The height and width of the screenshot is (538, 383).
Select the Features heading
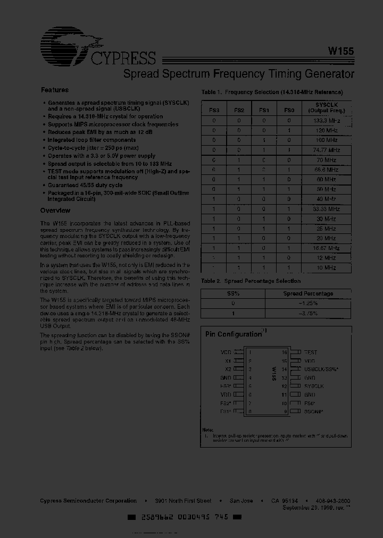click(x=55, y=90)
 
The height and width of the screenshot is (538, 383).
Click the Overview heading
click(x=56, y=211)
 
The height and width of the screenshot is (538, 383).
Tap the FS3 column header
click(x=214, y=111)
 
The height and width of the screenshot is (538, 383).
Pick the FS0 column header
click(x=289, y=111)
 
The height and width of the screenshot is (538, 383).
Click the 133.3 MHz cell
click(x=326, y=121)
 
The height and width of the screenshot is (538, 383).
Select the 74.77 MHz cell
click(x=326, y=150)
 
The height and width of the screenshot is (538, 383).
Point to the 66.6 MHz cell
click(x=326, y=170)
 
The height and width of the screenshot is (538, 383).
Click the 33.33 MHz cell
click(x=326, y=209)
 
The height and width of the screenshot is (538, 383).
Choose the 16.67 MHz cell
click(x=326, y=248)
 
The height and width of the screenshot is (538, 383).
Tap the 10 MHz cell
click(x=326, y=268)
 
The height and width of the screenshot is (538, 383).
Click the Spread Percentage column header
click(x=308, y=293)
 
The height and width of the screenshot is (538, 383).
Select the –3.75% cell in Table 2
click(x=308, y=313)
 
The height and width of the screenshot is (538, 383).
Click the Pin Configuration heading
click(x=234, y=334)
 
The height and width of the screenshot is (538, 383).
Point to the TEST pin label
click(x=310, y=352)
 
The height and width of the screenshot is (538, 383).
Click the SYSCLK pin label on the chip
click(x=314, y=386)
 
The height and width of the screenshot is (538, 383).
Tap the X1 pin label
click(x=228, y=360)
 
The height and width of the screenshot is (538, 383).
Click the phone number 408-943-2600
click(x=333, y=501)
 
